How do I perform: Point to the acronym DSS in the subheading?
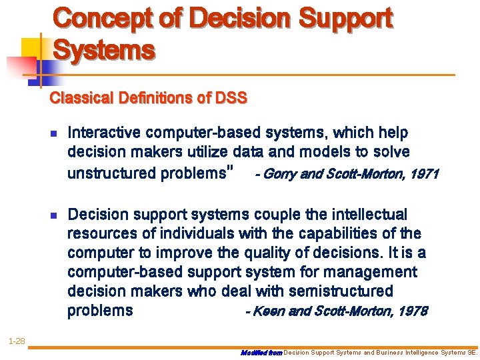[x=231, y=99]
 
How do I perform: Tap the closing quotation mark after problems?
[x=230, y=171]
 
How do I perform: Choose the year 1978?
[x=413, y=311]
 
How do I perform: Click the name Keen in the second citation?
[x=265, y=311]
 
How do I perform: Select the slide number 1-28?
[x=16, y=341]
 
